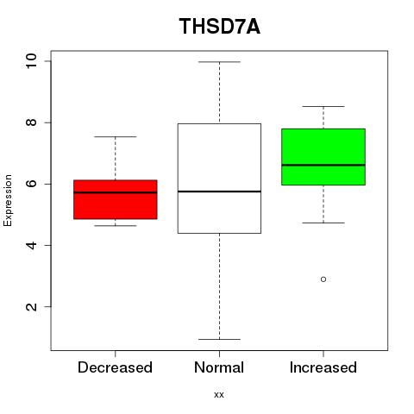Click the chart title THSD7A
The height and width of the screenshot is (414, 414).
[220, 27]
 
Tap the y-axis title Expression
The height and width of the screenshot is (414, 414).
[8, 200]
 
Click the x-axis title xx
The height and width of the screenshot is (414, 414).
[219, 395]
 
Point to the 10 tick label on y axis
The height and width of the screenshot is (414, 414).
[31, 61]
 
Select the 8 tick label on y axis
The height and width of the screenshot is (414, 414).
[31, 122]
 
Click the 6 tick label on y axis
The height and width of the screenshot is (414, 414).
[31, 184]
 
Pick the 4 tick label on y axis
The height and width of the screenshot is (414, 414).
[31, 245]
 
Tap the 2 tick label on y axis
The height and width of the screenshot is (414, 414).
[31, 306]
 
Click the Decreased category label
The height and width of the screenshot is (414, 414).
[115, 367]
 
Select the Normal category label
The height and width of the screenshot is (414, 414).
[219, 367]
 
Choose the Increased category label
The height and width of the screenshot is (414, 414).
[323, 367]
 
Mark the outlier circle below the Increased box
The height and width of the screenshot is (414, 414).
[323, 279]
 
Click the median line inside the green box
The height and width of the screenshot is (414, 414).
[323, 165]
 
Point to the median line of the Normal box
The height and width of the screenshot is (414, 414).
[219, 191]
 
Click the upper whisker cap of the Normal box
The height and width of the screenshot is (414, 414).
[219, 62]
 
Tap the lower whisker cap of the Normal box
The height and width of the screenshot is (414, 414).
[219, 339]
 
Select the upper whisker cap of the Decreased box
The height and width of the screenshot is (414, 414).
[116, 136]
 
